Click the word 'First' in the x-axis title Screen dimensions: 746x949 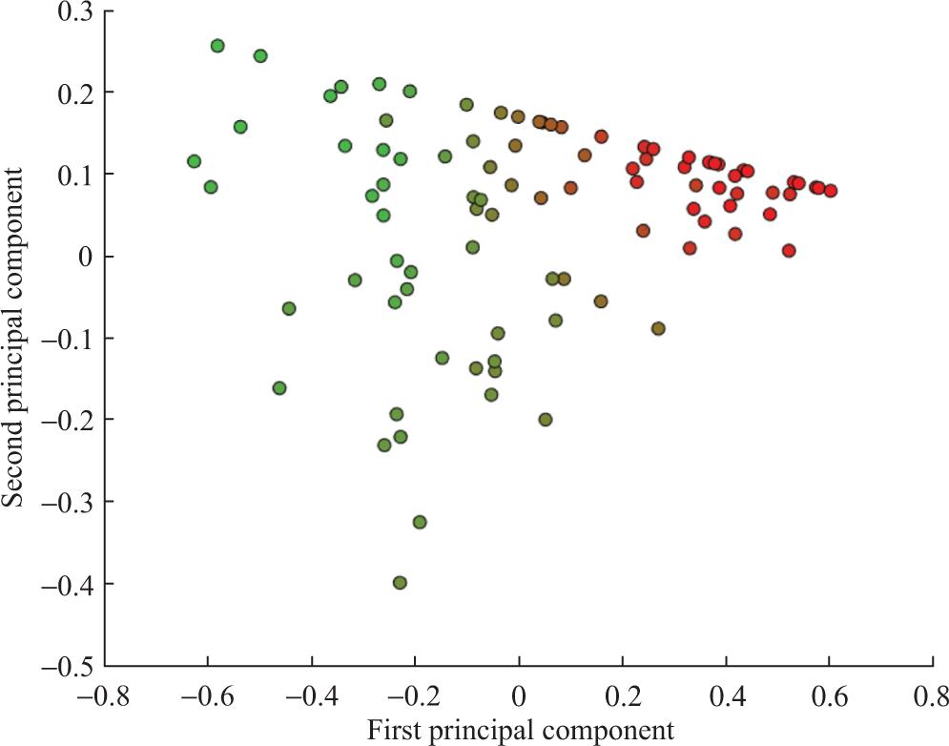394,731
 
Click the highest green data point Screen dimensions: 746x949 217,46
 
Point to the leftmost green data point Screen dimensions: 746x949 194,161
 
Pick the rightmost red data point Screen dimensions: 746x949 831,191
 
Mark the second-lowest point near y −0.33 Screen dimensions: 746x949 420,522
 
